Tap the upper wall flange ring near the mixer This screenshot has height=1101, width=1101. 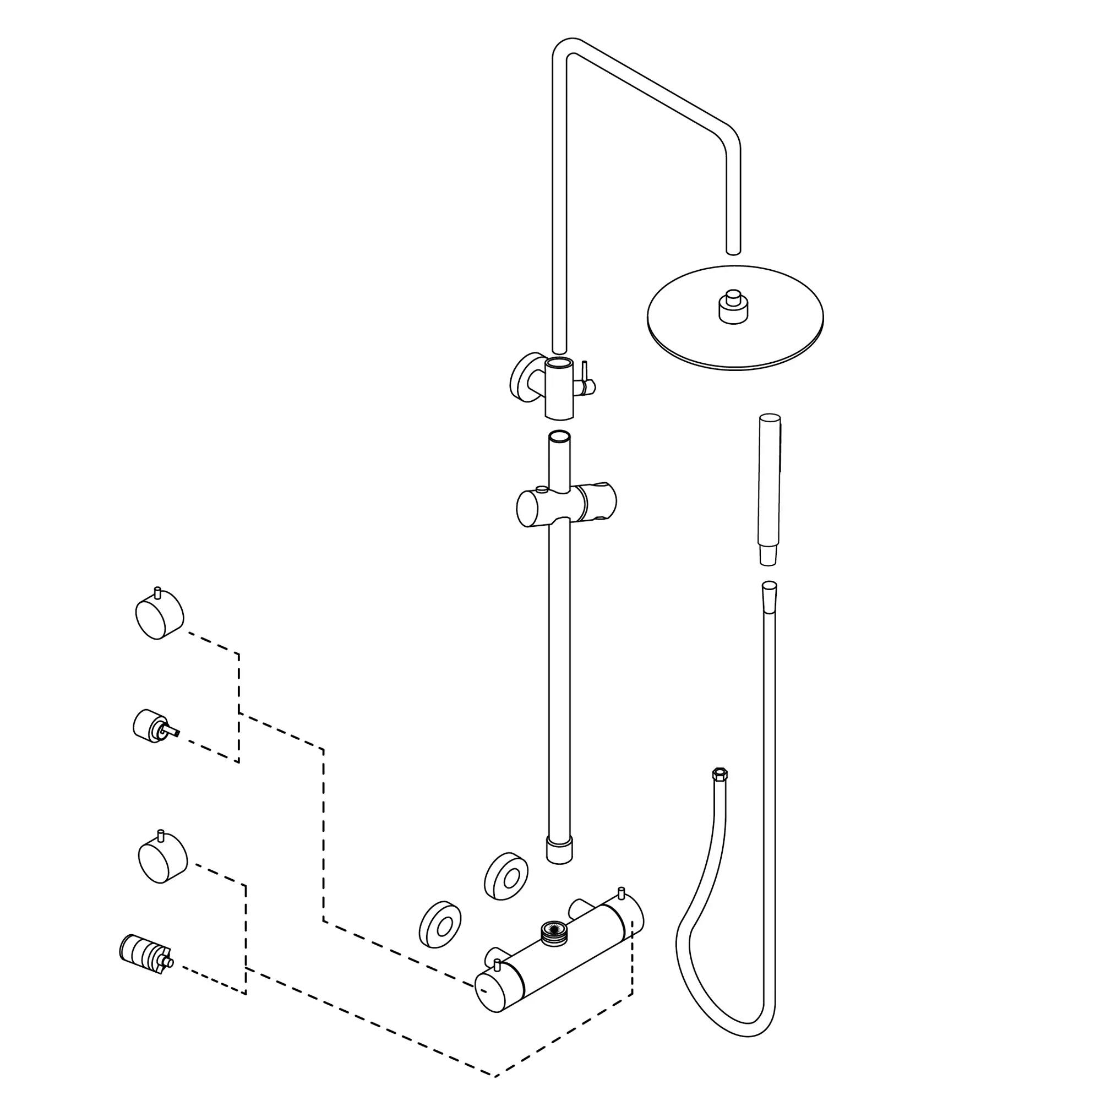pos(506,876)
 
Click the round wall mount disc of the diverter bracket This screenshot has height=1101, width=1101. pos(520,376)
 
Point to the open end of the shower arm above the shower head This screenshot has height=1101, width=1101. pos(733,249)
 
